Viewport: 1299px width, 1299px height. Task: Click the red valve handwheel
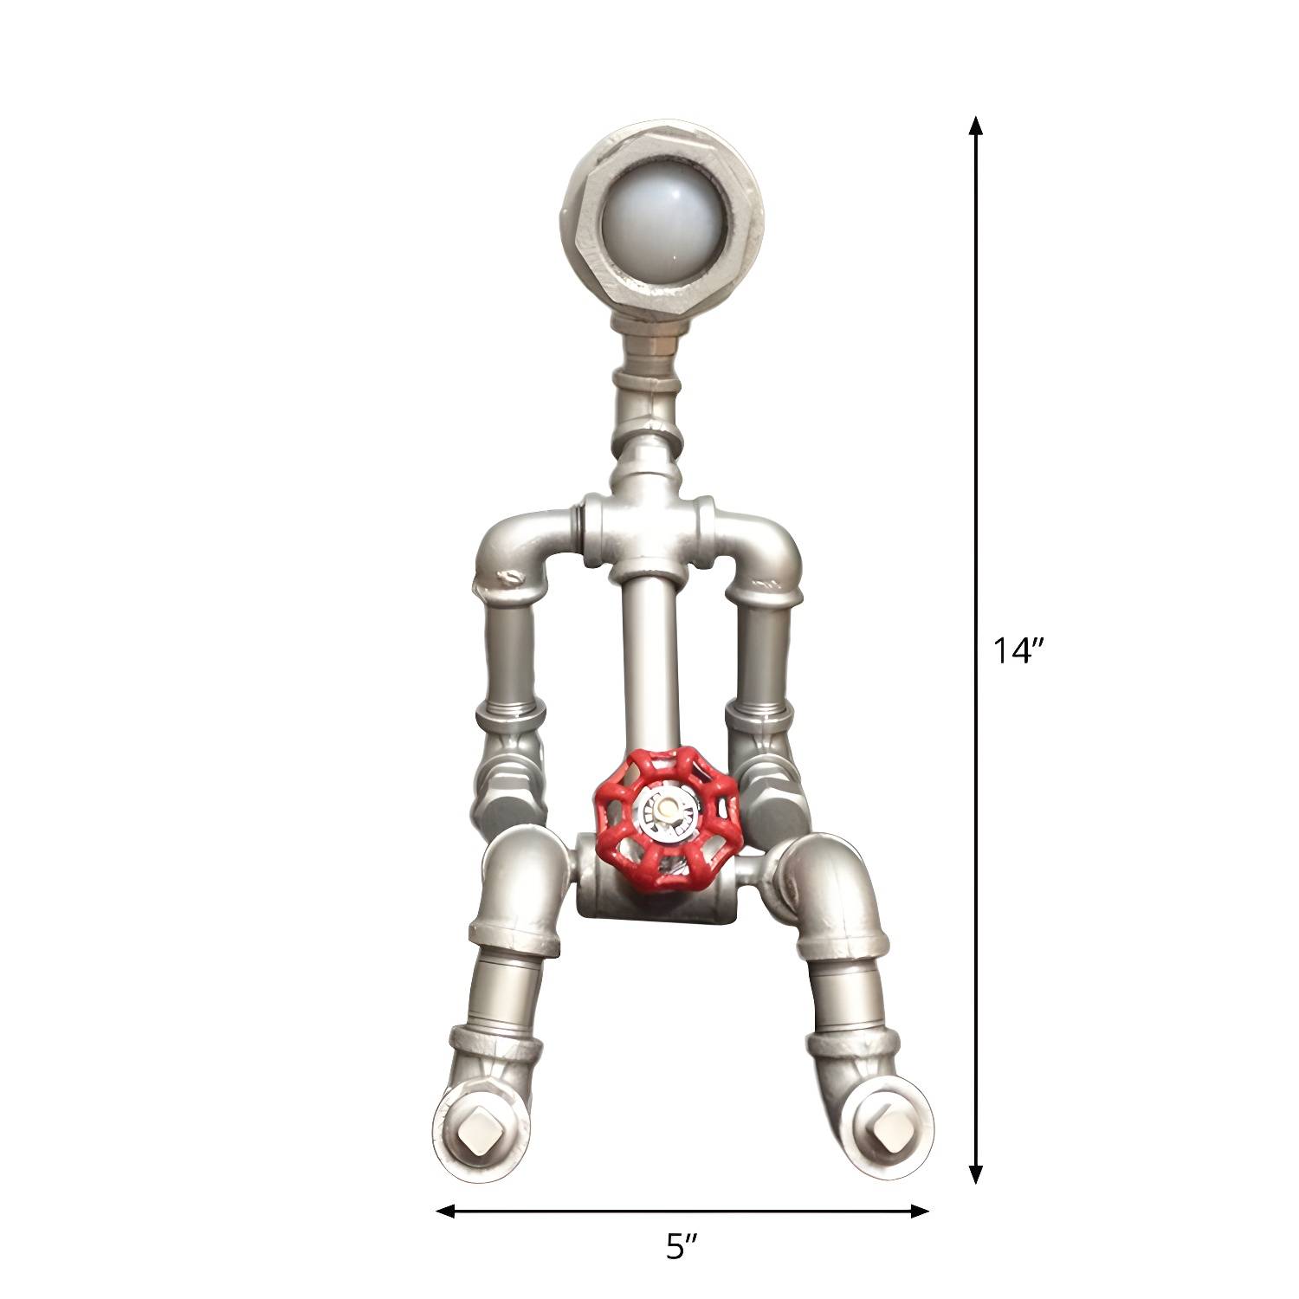tap(665, 818)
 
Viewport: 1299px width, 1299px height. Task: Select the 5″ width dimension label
tap(682, 1248)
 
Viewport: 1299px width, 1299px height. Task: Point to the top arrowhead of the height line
tap(976, 126)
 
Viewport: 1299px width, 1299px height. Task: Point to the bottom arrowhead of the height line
tap(976, 1173)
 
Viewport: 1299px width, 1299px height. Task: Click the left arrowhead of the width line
tap(446, 1211)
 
